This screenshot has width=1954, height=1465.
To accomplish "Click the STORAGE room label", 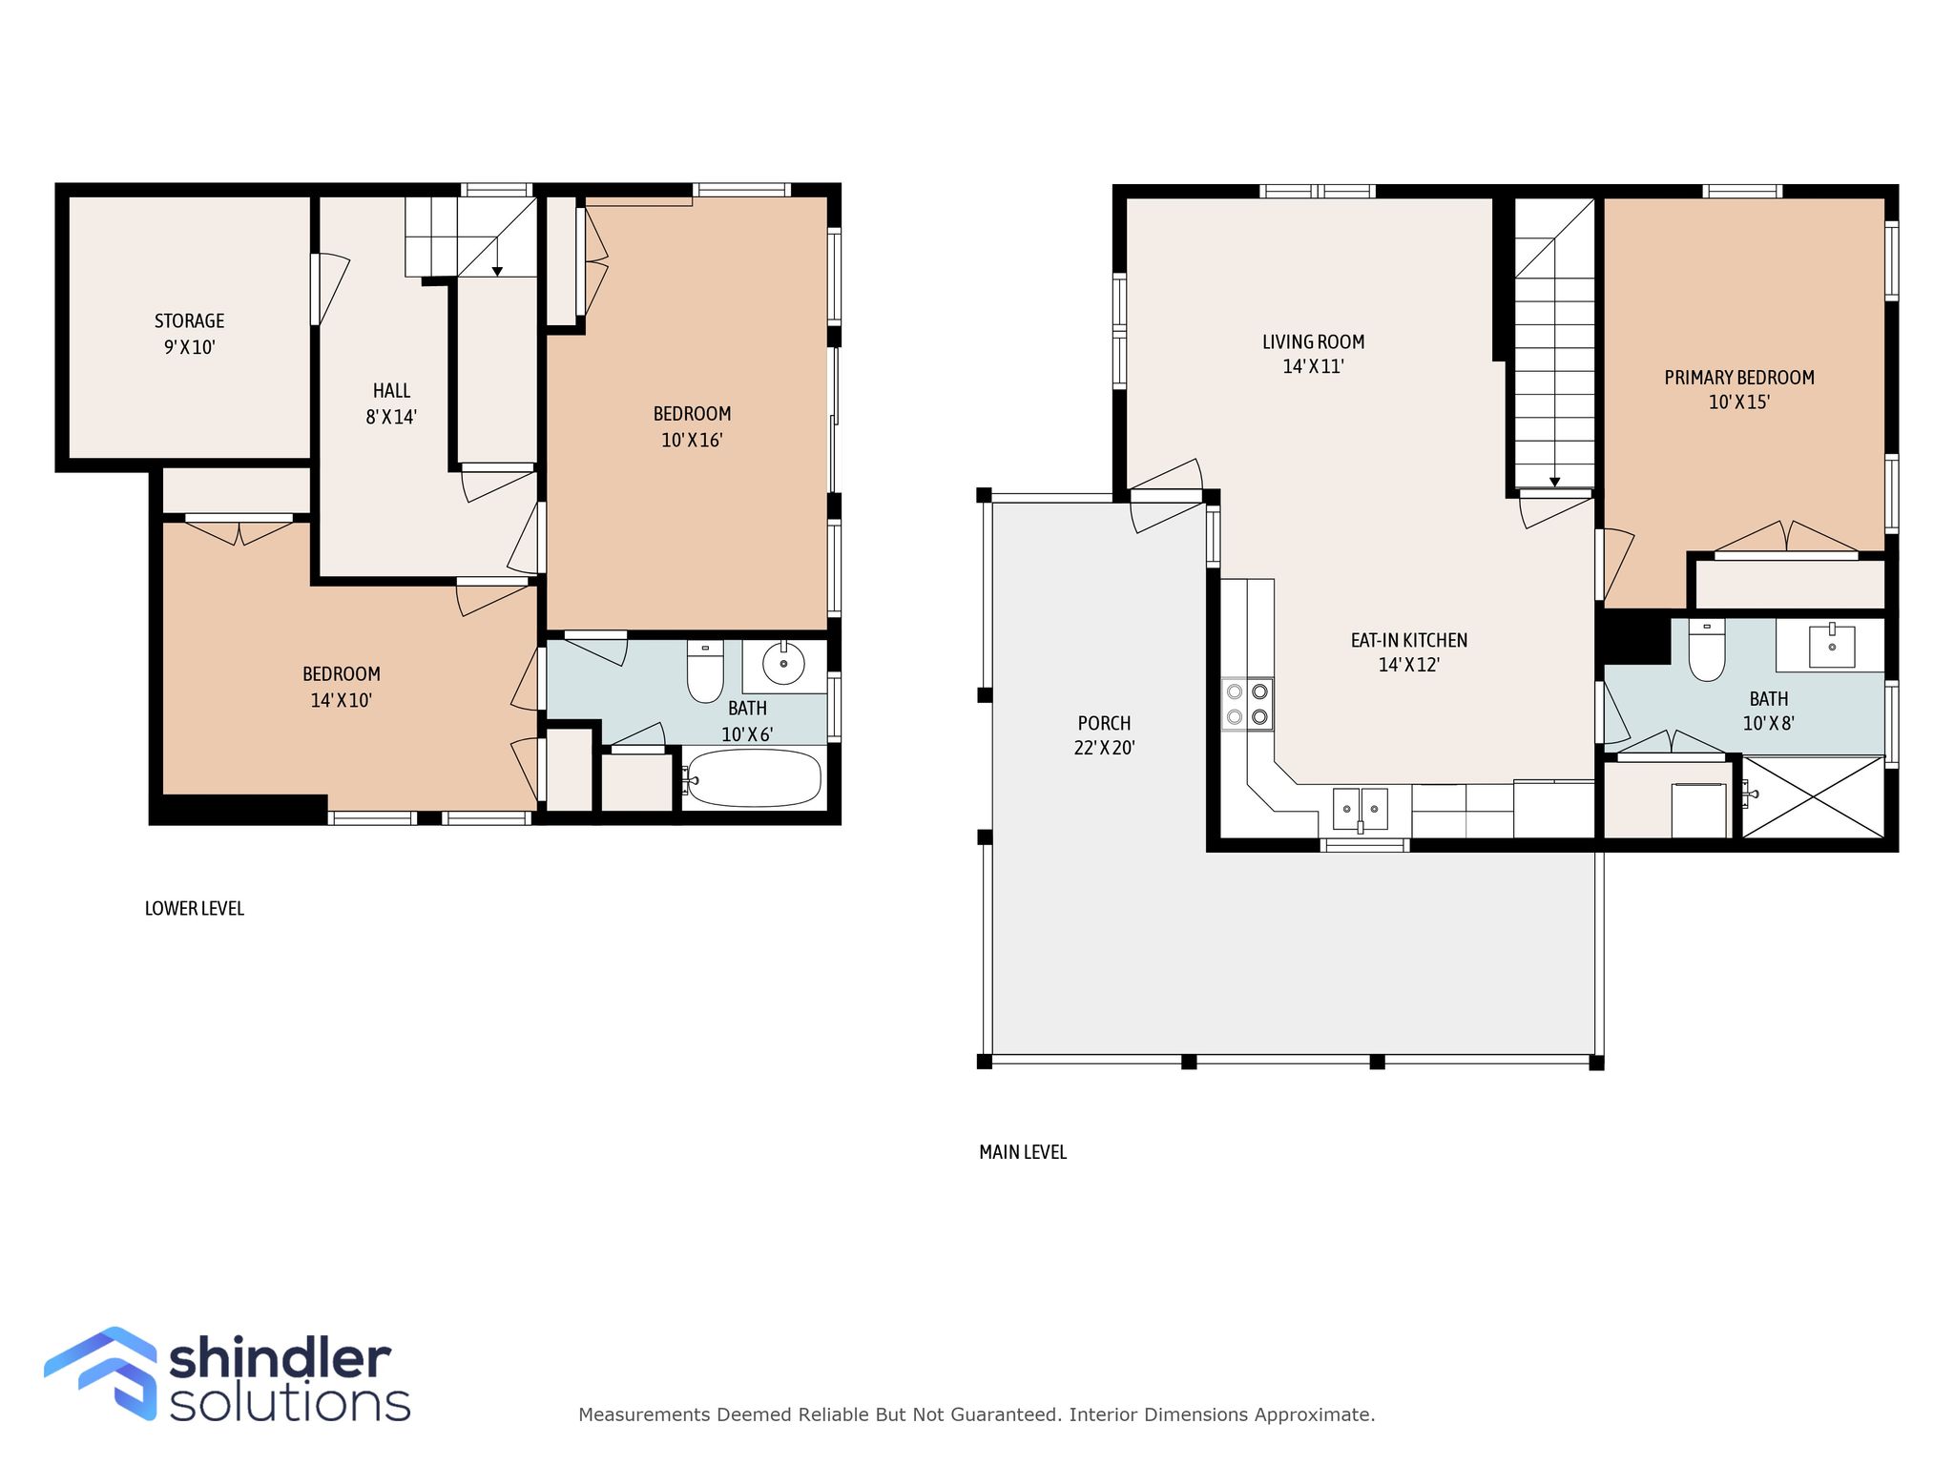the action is [x=189, y=321].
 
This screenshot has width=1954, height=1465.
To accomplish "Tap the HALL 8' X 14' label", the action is [x=391, y=403].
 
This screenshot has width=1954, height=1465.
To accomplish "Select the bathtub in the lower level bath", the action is [x=753, y=778].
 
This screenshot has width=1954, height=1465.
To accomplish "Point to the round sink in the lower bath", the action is [x=783, y=662].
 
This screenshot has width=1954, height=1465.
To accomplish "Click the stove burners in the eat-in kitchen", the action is [x=1248, y=704].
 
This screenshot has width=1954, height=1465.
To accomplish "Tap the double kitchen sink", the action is [x=1361, y=810].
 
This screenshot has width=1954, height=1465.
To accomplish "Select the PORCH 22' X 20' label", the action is [x=1104, y=735].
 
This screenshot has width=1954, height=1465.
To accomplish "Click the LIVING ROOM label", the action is [x=1313, y=341].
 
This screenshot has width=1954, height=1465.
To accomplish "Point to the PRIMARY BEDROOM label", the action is [x=1739, y=378].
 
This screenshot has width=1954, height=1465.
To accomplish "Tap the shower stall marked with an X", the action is [x=1814, y=797].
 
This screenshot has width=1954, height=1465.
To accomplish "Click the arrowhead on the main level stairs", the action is [x=1555, y=482].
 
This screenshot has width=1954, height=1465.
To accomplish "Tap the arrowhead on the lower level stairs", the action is [x=497, y=272].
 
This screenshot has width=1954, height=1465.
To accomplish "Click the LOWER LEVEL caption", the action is [x=195, y=909].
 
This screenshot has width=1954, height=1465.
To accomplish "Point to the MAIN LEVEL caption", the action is [x=1023, y=1152].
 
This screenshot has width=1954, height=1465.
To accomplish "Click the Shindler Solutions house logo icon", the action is [x=101, y=1373].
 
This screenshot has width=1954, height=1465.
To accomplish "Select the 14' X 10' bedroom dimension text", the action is [x=341, y=700].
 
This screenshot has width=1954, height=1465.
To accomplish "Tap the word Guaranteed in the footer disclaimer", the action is [x=1007, y=1415].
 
